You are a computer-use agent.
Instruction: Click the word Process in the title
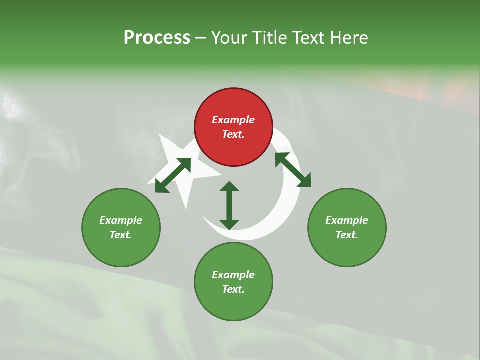point(157,38)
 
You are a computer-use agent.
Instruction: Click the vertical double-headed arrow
point(229,205)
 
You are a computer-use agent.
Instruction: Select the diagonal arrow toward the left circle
point(173,175)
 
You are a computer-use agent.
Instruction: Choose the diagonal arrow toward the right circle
point(293,170)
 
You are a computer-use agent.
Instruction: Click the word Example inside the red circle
point(233,120)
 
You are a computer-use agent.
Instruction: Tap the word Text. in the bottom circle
point(233,289)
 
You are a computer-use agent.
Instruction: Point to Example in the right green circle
point(347,220)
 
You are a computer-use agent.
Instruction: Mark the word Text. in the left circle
point(121,235)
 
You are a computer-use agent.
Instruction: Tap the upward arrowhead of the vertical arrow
point(229,186)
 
